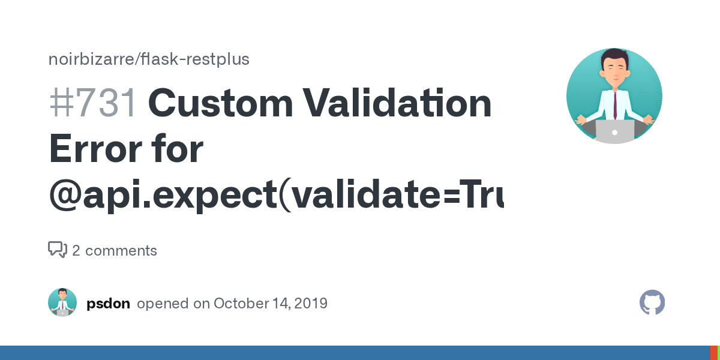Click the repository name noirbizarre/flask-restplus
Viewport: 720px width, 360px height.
(x=149, y=59)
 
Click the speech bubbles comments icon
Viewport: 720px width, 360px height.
(x=58, y=250)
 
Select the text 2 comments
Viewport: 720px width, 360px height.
(x=115, y=251)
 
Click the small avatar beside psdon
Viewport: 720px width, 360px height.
(x=62, y=303)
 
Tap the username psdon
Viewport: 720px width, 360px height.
(x=108, y=304)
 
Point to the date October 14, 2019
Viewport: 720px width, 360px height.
(x=271, y=304)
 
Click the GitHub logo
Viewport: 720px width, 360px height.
(x=652, y=303)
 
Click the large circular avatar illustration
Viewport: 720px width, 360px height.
(x=614, y=96)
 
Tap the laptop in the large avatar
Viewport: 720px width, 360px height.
(x=614, y=131)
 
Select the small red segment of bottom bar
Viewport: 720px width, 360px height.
(x=713, y=353)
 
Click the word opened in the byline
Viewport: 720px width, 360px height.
(x=162, y=304)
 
